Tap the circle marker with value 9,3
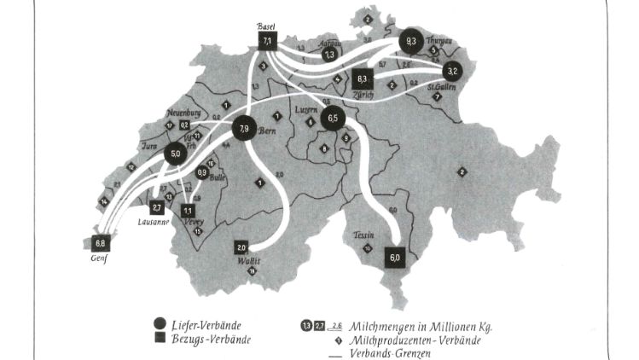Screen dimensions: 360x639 click(x=411, y=40)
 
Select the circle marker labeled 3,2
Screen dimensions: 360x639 click(x=453, y=71)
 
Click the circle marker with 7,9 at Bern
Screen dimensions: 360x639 click(x=244, y=130)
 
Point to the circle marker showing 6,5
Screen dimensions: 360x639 click(x=333, y=119)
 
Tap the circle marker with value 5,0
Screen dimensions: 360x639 click(x=176, y=154)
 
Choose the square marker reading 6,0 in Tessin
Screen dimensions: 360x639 click(x=394, y=257)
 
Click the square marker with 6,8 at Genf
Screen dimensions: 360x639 click(x=102, y=242)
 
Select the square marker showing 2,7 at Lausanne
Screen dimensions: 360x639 click(x=157, y=207)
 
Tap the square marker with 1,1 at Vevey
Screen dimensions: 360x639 click(x=188, y=210)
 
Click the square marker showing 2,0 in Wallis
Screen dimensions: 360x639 click(x=241, y=247)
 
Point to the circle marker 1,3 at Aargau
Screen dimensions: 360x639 click(x=329, y=55)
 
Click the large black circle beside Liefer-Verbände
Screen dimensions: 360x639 click(x=159, y=324)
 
